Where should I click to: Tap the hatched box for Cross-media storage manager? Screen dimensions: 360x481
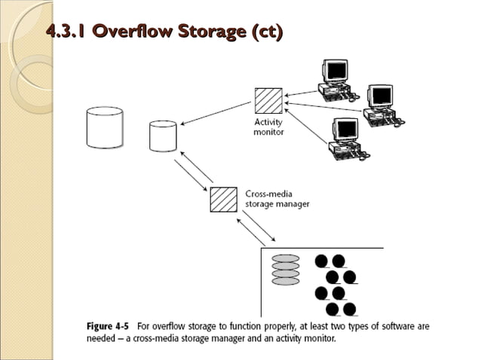(224, 200)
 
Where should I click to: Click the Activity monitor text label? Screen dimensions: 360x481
(268, 127)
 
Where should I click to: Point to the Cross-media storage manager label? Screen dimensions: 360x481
(277, 198)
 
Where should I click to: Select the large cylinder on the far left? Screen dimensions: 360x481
(104, 127)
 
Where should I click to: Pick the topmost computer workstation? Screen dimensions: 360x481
(337, 80)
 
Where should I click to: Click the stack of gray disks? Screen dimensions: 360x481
(286, 269)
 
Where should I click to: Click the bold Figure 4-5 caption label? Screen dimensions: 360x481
(105, 327)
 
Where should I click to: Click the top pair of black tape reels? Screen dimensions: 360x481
(329, 262)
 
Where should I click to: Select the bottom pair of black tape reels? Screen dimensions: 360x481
(340, 309)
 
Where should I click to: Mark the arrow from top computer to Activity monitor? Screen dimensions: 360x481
(299, 89)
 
